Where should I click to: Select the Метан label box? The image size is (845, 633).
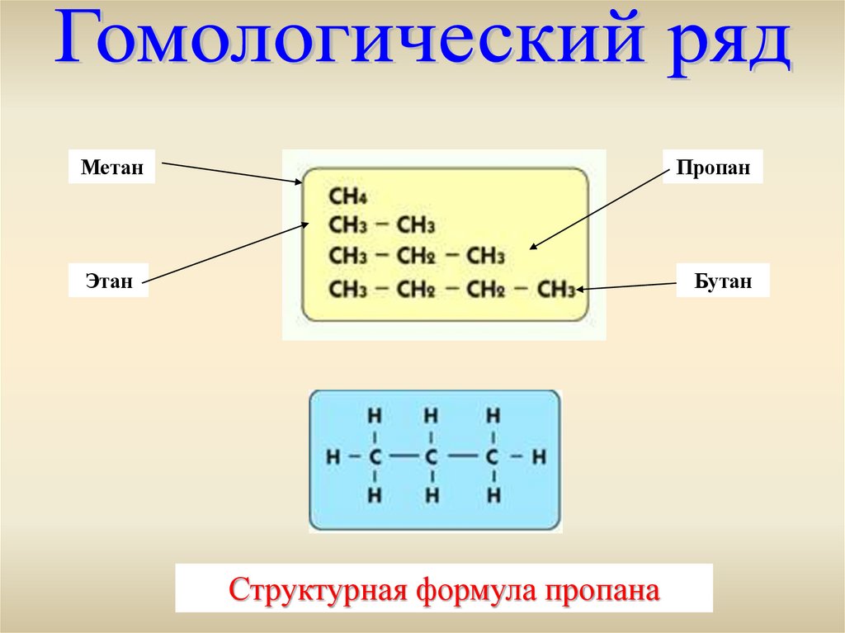click(x=111, y=168)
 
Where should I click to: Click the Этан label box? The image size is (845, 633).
click(x=108, y=281)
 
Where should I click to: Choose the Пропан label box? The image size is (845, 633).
click(x=713, y=168)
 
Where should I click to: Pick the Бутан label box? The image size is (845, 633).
click(x=723, y=281)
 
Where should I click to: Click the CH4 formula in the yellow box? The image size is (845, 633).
click(x=347, y=196)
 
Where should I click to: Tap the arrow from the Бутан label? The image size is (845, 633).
click(x=627, y=286)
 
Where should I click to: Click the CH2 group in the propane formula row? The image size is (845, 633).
click(x=416, y=255)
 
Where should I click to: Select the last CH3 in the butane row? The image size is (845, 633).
click(x=555, y=290)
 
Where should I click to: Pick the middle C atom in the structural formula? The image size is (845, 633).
click(x=430, y=456)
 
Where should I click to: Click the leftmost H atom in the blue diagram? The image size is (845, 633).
click(x=333, y=456)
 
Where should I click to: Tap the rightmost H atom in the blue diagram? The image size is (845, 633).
click(x=540, y=456)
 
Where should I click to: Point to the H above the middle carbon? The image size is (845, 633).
click(x=430, y=414)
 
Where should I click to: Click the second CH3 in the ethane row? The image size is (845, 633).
click(x=416, y=224)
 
